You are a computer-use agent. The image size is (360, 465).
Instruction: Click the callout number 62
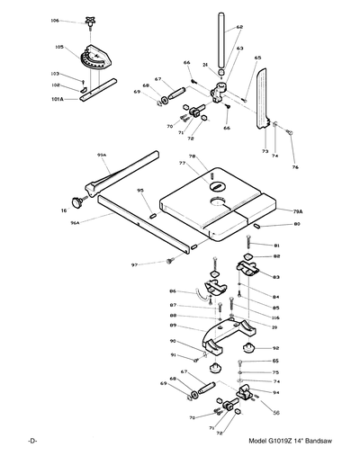click(239, 28)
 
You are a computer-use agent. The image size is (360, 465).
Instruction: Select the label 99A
click(102, 156)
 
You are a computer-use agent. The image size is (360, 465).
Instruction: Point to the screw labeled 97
click(168, 262)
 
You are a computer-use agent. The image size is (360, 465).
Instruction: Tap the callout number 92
click(275, 348)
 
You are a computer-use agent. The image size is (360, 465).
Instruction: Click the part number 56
click(276, 412)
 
